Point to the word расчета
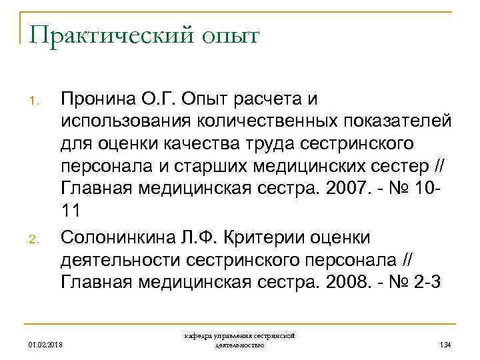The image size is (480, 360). (x=253, y=99)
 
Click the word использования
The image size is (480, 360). (x=131, y=121)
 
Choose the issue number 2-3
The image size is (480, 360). (x=425, y=281)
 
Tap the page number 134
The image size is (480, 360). (x=445, y=345)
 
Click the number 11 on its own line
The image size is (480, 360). (x=71, y=210)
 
